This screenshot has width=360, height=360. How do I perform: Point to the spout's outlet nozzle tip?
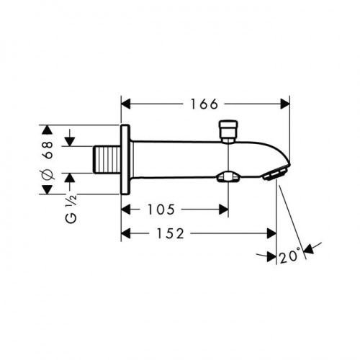coord(275,173)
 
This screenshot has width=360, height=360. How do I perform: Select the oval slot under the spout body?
coord(230,175)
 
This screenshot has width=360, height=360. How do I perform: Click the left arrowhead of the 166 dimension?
coord(125,103)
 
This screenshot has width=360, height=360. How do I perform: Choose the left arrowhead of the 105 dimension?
coord(125,210)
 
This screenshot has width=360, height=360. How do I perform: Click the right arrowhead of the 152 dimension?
coord(273,233)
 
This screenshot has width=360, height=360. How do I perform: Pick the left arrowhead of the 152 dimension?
coord(125,233)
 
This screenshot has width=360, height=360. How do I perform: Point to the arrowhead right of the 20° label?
coord(307,250)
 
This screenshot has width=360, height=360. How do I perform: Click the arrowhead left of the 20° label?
coord(271,255)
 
